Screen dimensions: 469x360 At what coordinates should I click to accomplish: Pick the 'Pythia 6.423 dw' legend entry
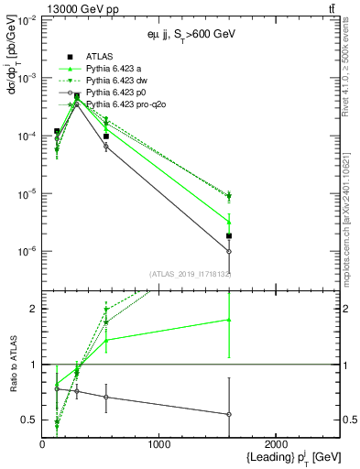tap(119, 81)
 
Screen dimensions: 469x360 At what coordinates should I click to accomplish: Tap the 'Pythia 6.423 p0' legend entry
tap(119, 93)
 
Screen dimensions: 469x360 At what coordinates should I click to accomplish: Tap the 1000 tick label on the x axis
tap(159, 445)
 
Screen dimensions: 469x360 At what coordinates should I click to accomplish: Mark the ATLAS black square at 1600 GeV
tap(229, 236)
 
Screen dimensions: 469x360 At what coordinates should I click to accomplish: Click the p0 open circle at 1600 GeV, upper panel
tap(229, 251)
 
